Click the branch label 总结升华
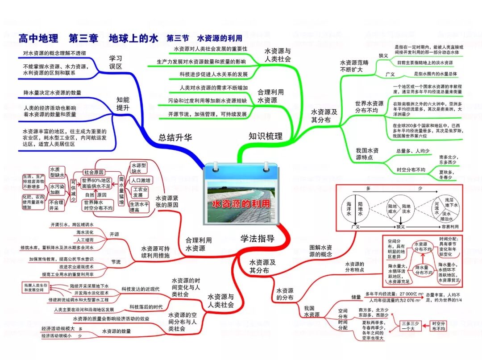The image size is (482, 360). tap(175, 137)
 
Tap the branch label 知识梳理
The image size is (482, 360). tap(266, 136)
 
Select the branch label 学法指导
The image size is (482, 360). tap(258, 238)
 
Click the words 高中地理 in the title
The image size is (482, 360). tap(38, 38)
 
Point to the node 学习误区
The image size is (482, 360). tap(116, 62)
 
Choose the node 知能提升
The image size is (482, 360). tap(123, 103)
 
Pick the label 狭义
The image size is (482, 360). tap(383, 55)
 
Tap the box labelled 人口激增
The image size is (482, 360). tap(141, 181)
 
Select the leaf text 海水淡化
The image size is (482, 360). tap(85, 232)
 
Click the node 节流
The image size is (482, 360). tap(116, 261)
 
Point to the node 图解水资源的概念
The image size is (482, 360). tap(320, 251)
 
